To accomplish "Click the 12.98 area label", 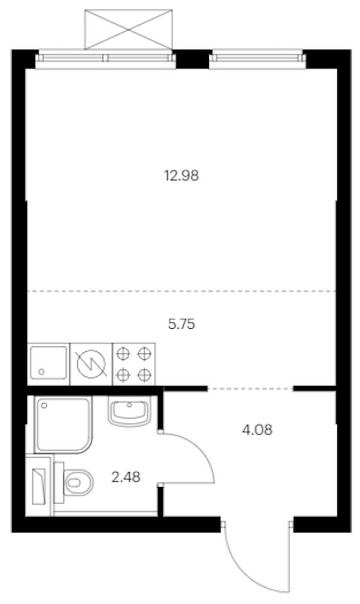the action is click(x=182, y=176).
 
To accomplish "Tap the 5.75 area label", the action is click(x=182, y=324).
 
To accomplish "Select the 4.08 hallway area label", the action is click(x=257, y=430).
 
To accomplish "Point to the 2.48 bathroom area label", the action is click(x=126, y=477).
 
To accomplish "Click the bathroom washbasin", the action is click(x=129, y=411).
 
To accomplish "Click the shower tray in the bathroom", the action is click(x=64, y=425).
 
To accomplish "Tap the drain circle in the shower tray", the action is click(x=44, y=405).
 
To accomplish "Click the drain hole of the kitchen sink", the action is click(x=41, y=372).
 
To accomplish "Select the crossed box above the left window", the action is click(x=129, y=30).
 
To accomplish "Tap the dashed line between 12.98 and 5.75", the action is click(x=182, y=291).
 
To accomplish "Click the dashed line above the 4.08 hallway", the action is click(x=250, y=388).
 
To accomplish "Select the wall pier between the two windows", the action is click(x=192, y=59).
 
